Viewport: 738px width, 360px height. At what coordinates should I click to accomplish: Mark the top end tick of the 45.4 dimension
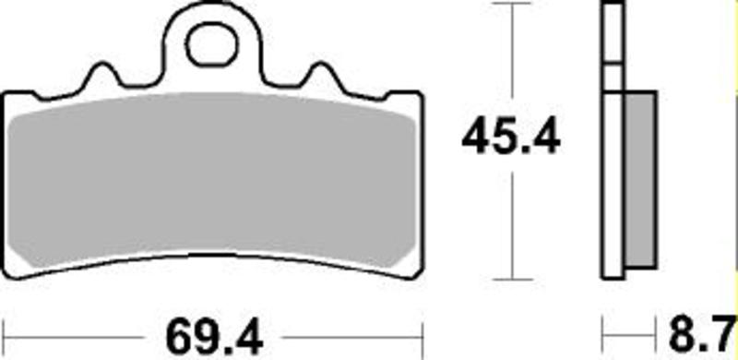coord(510,5)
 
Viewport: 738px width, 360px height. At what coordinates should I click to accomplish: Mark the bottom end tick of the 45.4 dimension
coord(510,279)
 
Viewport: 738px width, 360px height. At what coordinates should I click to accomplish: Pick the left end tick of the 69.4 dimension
coord(5,330)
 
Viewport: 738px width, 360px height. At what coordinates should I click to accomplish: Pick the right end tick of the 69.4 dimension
coord(422,330)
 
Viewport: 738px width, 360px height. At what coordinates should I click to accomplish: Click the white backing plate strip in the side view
coord(612,185)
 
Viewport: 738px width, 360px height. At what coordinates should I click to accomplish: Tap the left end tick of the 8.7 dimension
coord(602,330)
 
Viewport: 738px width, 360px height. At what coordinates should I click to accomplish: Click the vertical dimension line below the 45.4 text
coord(510,222)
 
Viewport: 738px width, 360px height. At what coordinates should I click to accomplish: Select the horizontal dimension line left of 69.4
coord(83,330)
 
